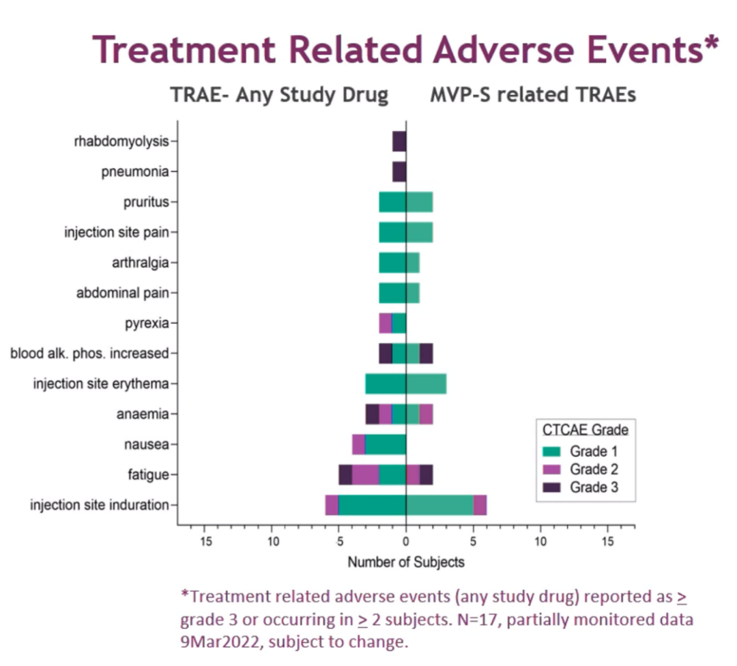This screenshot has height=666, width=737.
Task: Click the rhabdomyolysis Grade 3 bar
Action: (399, 141)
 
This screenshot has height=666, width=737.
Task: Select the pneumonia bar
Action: (399, 171)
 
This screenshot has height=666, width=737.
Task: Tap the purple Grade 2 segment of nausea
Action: (358, 444)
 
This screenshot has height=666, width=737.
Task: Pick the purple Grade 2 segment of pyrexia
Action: (386, 323)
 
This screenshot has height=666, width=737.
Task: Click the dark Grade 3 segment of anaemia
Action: (372, 414)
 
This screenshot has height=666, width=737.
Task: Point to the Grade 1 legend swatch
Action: (553, 451)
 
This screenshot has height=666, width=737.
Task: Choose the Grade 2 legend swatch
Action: (553, 469)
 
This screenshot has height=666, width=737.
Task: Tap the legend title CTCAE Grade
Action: (585, 431)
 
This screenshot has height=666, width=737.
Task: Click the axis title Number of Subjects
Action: (406, 563)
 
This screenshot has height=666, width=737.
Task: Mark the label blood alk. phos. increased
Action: (89, 353)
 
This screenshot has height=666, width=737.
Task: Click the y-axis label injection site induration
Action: (99, 505)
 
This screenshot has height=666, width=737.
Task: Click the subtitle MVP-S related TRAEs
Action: (533, 95)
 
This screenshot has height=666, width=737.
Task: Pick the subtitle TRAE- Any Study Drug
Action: (279, 95)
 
